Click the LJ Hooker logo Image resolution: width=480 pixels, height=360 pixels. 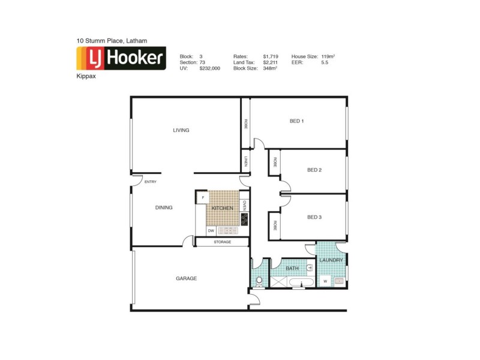(x=121, y=59)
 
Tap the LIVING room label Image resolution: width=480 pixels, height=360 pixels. (x=181, y=130)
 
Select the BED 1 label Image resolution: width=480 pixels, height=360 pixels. (x=296, y=121)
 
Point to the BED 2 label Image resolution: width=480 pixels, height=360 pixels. (x=314, y=170)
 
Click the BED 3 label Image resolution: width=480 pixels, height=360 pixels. (x=314, y=217)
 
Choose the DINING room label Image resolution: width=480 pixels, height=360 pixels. (x=164, y=208)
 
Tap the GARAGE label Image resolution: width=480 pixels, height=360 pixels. (x=186, y=278)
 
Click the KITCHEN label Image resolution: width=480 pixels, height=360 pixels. (x=222, y=208)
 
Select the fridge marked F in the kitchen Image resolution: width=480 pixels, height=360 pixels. (x=203, y=197)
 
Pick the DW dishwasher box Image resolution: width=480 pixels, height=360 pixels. (x=211, y=230)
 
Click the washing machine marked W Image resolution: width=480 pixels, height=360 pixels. (x=325, y=280)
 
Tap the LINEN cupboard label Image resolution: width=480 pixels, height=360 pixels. (x=246, y=162)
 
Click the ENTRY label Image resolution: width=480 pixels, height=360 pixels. (x=151, y=182)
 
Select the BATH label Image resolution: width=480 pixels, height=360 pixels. (x=292, y=268)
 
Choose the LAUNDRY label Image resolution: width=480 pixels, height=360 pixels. (x=331, y=260)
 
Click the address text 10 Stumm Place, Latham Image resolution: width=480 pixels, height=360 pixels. (x=112, y=41)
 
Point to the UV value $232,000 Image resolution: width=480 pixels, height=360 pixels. (x=209, y=68)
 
